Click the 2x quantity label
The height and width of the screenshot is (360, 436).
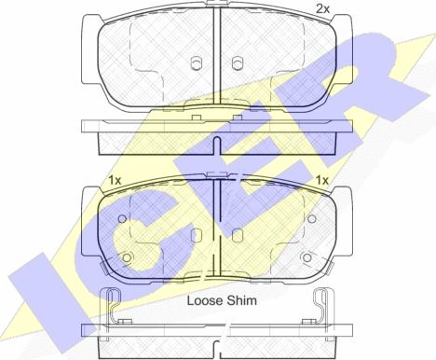click(322, 9)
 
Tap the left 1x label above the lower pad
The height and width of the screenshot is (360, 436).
click(115, 180)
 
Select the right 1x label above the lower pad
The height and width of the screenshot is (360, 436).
click(322, 180)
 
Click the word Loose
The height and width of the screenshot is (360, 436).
click(205, 300)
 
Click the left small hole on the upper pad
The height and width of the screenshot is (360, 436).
click(196, 63)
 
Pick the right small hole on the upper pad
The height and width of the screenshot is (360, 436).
click(237, 63)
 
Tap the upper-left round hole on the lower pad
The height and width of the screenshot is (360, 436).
click(122, 219)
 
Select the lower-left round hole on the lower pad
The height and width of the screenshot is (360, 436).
click(127, 257)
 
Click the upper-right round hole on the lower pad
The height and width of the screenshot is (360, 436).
click(311, 219)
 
